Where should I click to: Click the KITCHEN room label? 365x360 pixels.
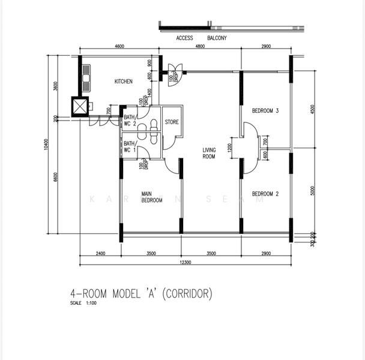point(123,81)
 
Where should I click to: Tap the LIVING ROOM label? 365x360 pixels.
point(208,153)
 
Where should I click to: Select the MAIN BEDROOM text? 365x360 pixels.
point(151,197)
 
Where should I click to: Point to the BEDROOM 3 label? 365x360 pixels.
point(265,111)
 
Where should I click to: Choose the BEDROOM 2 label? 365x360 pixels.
point(265,194)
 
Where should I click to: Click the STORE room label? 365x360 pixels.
point(172,122)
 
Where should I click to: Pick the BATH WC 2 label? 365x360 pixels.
point(130,120)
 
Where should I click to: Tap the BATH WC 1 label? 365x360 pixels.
point(130,146)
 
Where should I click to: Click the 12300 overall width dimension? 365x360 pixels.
point(185,262)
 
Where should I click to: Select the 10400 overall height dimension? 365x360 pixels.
point(44,144)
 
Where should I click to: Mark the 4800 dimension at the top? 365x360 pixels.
point(200,46)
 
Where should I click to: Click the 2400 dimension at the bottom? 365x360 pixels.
point(100,254)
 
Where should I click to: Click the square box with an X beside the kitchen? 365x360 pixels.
point(79,106)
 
